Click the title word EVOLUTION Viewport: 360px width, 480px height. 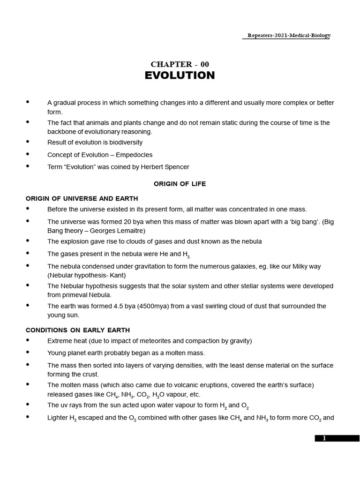click(x=180, y=75)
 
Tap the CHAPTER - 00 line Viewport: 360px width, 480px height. click(x=180, y=64)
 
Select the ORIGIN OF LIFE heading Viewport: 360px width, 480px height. click(x=180, y=184)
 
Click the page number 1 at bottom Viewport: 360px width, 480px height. click(x=323, y=438)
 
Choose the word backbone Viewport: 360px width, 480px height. click(x=62, y=132)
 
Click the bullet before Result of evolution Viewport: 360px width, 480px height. click(x=28, y=141)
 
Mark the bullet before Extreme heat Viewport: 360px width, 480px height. click(x=28, y=340)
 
